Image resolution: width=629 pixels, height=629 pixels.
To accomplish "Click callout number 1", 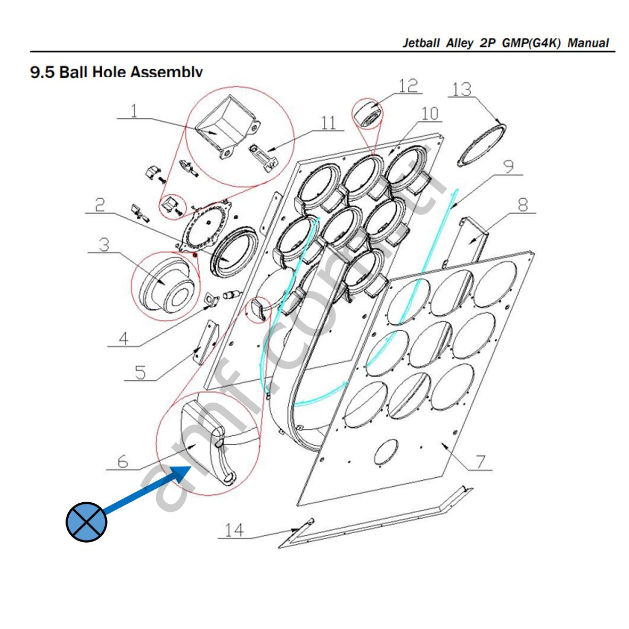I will coord(134,111).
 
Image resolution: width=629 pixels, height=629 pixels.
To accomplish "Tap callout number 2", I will coord(100,205).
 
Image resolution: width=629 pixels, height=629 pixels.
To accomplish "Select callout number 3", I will coord(104,244).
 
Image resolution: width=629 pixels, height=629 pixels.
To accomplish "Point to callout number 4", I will coord(123,338).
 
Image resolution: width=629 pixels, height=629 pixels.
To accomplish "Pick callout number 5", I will coord(140,371).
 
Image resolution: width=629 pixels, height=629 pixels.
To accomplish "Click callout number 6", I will coord(123,461).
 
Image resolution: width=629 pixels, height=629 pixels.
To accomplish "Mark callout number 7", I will coord(480,461).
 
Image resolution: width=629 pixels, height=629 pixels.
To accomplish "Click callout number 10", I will coord(429,113).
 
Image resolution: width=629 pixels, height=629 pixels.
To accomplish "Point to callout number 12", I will coord(408,85).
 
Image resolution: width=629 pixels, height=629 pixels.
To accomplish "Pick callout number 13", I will coord(461,89).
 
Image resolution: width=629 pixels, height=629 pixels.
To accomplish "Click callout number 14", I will coord(234,530).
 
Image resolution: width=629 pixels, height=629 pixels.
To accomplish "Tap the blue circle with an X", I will coord(86,521).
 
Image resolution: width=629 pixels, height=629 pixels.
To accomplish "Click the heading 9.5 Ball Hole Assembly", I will coord(117,71).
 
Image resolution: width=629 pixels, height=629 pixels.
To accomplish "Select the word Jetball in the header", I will coord(421,43).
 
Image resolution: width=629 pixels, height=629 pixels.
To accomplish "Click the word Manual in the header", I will coord(588,43).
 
